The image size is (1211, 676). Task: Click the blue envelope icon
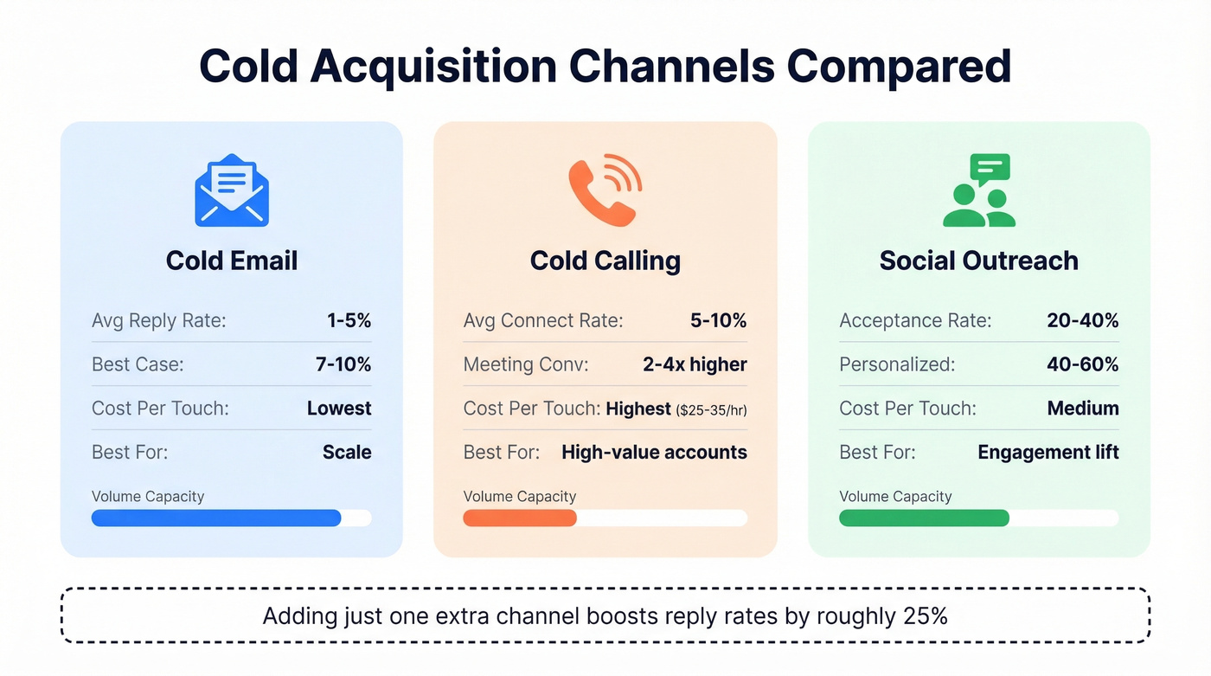(x=232, y=190)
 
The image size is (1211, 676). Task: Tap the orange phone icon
(x=605, y=190)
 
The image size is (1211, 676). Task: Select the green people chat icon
(x=979, y=190)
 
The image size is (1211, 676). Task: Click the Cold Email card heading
(x=232, y=261)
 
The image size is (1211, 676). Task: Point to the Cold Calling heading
(x=605, y=261)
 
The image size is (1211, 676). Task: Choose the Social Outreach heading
(x=979, y=261)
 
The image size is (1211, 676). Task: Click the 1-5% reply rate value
(x=349, y=321)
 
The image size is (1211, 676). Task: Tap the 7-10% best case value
(x=343, y=364)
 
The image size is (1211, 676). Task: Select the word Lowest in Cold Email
(x=339, y=409)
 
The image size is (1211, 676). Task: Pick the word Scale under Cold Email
(x=347, y=452)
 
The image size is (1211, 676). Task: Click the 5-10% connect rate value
(x=718, y=321)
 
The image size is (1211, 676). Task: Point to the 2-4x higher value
(x=695, y=364)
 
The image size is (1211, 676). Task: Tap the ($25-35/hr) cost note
(x=711, y=409)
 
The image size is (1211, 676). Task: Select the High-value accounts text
(x=654, y=452)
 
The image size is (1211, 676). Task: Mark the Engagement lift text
(x=1048, y=452)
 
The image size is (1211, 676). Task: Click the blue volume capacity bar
(x=216, y=518)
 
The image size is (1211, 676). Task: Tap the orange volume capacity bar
(x=520, y=518)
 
